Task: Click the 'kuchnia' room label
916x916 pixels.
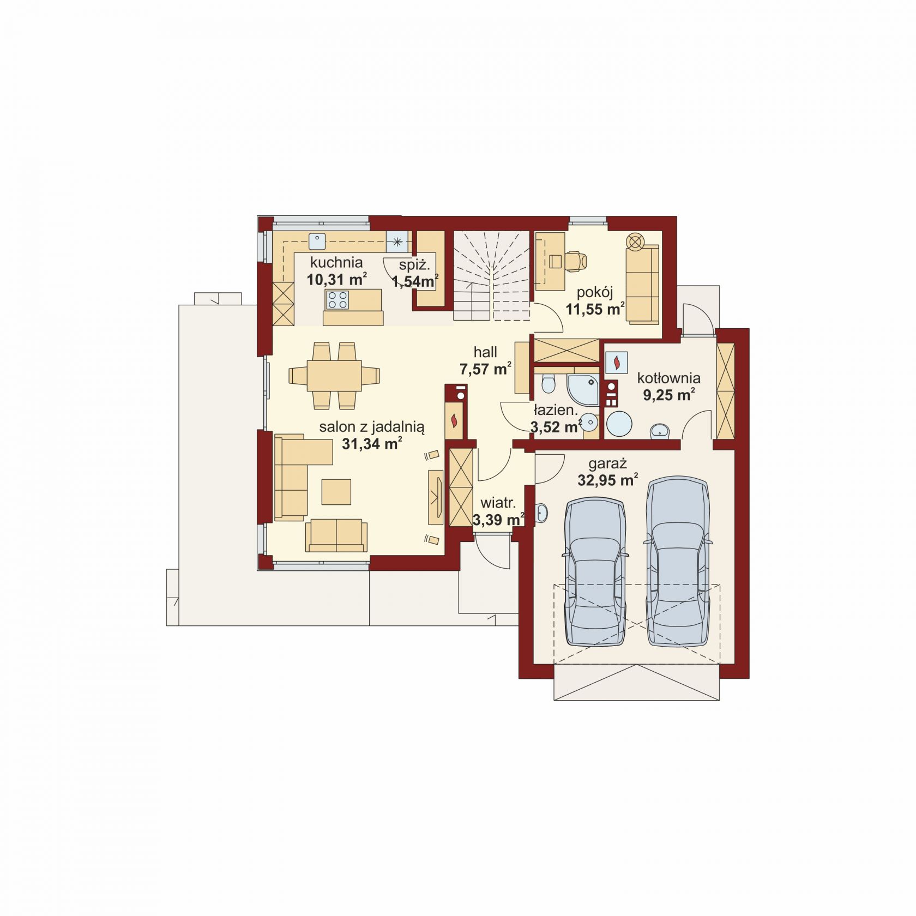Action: coord(336,262)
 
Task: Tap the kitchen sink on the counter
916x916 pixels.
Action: coord(317,240)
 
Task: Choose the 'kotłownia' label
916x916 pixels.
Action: coord(668,378)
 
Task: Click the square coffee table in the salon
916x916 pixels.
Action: coord(336,491)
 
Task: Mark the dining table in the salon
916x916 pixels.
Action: coord(334,375)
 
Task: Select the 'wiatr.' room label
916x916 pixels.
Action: coord(497,503)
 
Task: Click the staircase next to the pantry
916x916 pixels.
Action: coord(491,275)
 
